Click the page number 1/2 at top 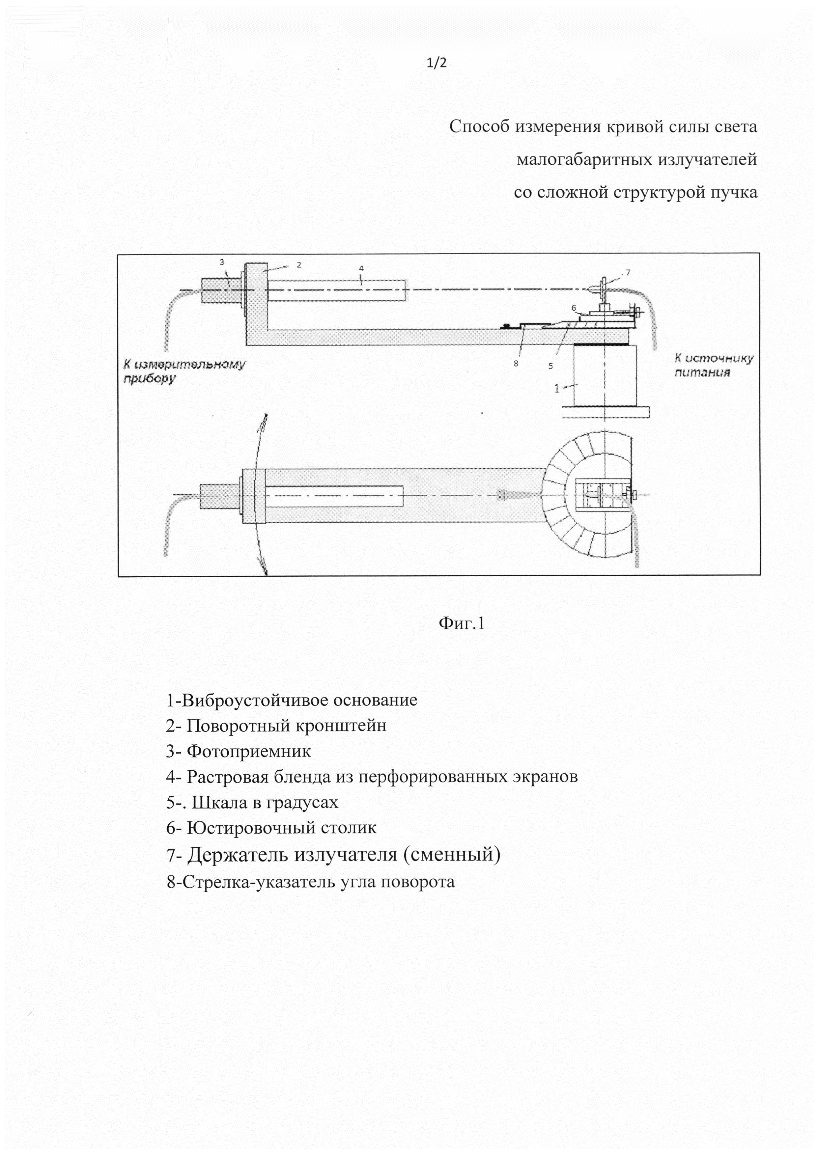point(436,63)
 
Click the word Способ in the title point(479,126)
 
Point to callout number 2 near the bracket point(299,264)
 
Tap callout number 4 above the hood point(361,269)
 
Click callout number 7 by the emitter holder point(628,273)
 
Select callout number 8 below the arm point(516,363)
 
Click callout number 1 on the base point(556,388)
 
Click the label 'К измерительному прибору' point(184,371)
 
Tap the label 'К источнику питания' point(713,365)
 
